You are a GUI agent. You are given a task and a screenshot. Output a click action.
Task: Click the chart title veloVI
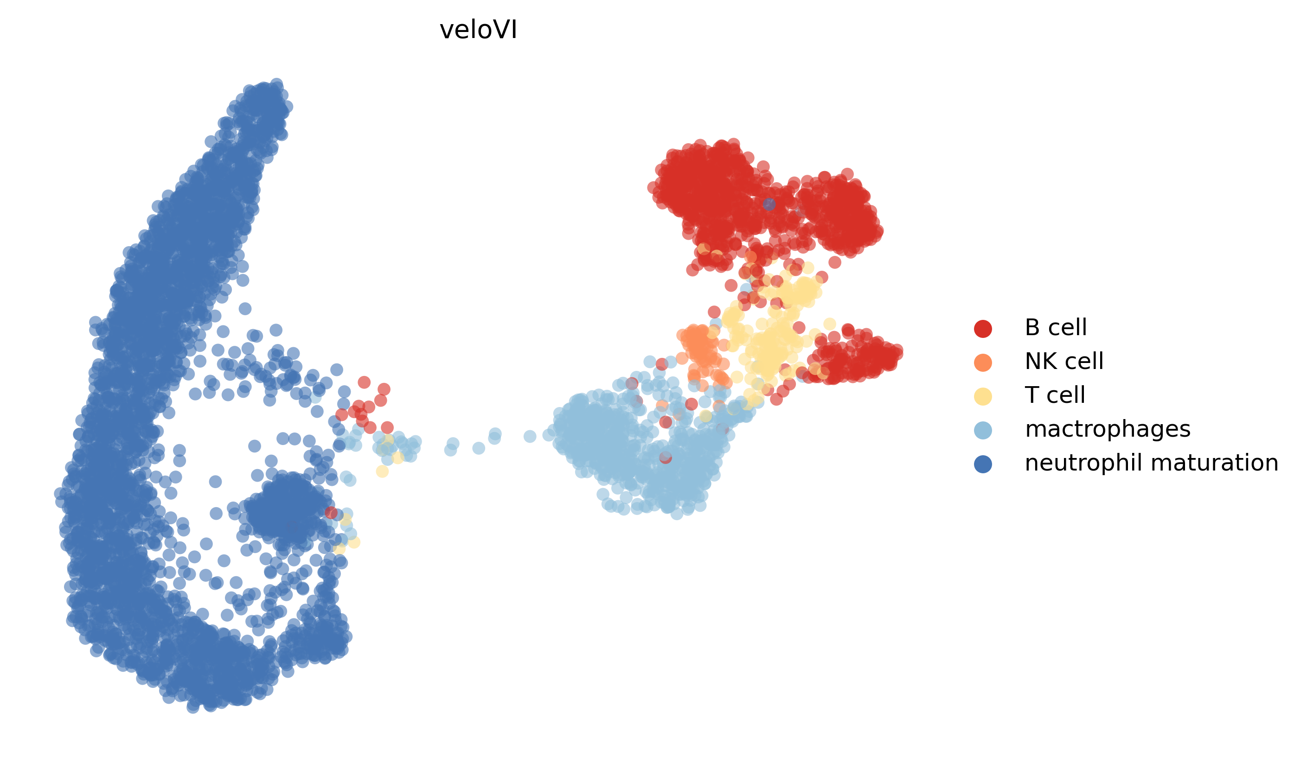pos(478,30)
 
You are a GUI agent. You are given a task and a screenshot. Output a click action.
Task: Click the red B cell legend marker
pos(983,328)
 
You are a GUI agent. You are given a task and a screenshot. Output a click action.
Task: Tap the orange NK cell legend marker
pos(983,363)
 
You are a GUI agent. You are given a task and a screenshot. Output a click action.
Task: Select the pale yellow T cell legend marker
pos(983,396)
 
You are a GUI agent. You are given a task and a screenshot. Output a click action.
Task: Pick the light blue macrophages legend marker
pos(983,430)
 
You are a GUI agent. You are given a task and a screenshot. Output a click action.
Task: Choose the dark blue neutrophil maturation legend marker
pos(983,464)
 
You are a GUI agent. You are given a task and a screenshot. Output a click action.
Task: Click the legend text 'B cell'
pos(1056,328)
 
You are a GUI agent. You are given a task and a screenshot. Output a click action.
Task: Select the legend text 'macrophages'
pos(1107,429)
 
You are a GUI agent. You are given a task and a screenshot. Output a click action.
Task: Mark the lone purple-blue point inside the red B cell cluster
pos(769,204)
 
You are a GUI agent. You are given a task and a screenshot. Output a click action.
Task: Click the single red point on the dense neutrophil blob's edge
pos(331,512)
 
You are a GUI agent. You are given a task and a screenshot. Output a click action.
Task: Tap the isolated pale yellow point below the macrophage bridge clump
pos(382,471)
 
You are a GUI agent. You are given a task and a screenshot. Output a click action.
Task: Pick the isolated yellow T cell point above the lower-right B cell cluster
pos(829,324)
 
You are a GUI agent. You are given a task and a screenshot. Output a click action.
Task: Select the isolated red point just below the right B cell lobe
pos(834,262)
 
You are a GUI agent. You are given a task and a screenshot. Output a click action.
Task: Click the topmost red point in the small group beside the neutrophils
pos(364,382)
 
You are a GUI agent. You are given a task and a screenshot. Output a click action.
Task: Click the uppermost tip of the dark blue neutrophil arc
pos(276,84)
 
